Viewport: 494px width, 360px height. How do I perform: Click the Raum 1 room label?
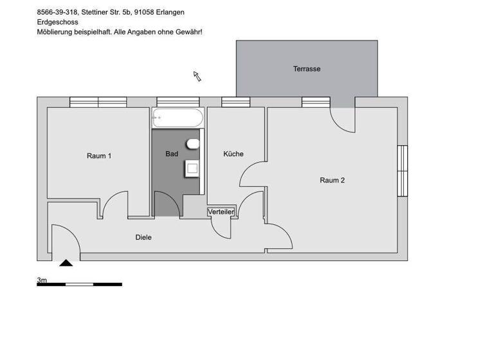(99, 156)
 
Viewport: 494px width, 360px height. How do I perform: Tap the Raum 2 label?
(332, 180)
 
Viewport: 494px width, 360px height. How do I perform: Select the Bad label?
(172, 154)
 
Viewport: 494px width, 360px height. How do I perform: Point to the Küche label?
(233, 154)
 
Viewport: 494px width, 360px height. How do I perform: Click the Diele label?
(143, 237)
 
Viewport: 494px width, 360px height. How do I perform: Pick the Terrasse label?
(306, 69)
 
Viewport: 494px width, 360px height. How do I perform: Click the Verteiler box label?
(221, 212)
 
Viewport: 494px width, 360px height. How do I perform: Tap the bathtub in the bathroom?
(177, 118)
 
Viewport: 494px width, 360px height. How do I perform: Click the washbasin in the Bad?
(192, 168)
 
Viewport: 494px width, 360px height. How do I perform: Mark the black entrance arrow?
(66, 262)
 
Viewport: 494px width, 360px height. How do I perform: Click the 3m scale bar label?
(42, 280)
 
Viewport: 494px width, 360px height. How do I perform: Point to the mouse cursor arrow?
(197, 76)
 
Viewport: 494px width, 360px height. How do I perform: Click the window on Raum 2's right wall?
(402, 171)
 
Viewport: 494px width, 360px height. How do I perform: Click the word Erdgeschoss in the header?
(57, 22)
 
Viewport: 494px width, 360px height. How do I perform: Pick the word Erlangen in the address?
(170, 12)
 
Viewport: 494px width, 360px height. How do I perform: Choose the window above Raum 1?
(98, 102)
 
